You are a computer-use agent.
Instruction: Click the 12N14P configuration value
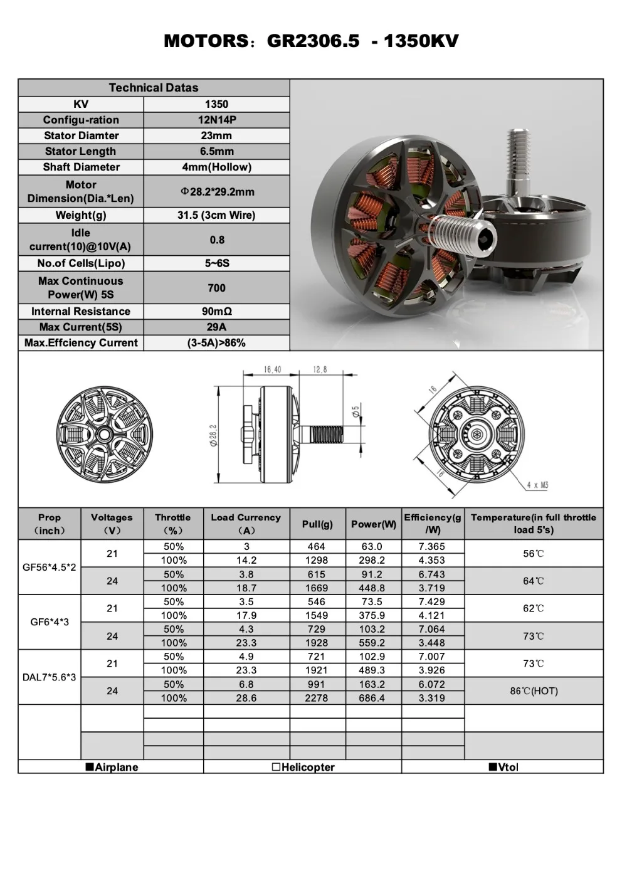click(216, 120)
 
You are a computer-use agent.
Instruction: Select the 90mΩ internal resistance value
click(216, 311)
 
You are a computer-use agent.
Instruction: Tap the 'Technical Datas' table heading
click(154, 88)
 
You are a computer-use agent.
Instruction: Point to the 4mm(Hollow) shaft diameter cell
click(216, 167)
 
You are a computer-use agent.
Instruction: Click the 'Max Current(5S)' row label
click(80, 327)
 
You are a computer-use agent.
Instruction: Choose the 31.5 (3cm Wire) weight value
click(216, 215)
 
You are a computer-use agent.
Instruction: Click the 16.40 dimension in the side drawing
click(272, 369)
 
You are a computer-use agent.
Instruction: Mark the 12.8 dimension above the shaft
click(320, 369)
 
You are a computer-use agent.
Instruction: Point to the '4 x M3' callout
click(537, 485)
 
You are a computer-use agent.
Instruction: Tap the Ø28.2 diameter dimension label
click(214, 435)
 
